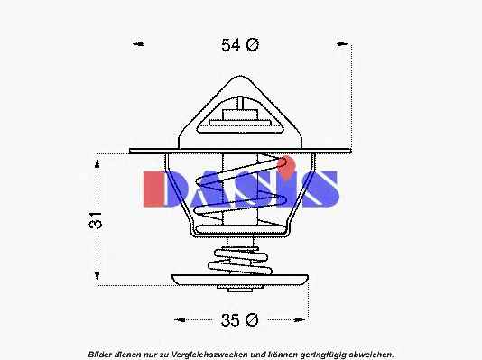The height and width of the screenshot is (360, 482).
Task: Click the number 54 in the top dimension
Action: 230,45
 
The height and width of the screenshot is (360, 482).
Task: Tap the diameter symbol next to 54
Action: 252,44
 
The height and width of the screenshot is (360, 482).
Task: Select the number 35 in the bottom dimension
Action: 230,320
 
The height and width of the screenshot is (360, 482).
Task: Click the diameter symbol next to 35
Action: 252,320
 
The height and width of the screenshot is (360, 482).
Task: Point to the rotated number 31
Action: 96,220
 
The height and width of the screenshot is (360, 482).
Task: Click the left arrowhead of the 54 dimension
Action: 138,44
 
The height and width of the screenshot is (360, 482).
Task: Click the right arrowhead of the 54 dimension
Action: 341,44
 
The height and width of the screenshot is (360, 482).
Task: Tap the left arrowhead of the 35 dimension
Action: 180,320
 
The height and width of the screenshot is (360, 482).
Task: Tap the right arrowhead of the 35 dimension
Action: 299,320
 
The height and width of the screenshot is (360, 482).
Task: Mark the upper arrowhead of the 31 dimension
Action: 97,162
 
